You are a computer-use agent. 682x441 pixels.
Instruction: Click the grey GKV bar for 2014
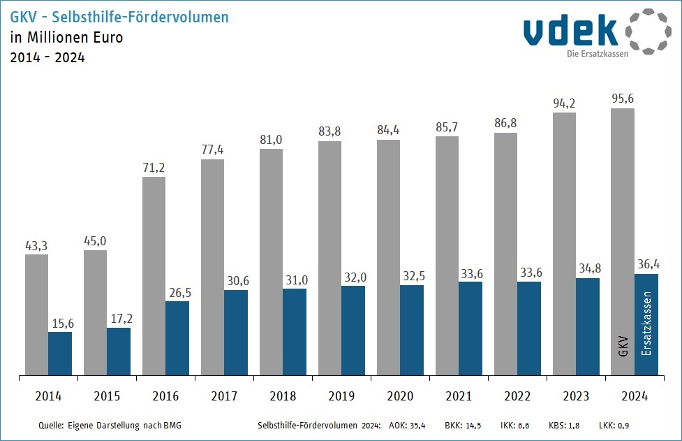coord(36,315)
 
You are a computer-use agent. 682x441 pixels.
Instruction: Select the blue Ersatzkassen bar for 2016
coord(177,338)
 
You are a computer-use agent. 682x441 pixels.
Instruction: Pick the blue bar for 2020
coord(412,330)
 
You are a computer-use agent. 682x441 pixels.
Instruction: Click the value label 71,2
coord(154,168)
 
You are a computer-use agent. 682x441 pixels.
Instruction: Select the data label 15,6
coord(60,323)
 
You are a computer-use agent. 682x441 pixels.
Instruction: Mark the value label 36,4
coord(646,265)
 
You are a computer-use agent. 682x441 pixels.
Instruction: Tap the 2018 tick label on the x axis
coord(282,396)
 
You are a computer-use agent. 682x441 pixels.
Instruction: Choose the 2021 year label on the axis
coord(458,396)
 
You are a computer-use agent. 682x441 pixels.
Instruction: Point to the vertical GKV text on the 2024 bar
coord(623,347)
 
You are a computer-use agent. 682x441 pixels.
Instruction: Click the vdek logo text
coord(571,31)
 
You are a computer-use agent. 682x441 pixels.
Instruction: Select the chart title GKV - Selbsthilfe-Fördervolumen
coord(119,17)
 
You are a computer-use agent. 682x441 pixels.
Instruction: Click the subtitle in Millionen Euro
coord(66,38)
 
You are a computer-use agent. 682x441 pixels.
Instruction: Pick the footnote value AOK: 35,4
coord(406,425)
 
